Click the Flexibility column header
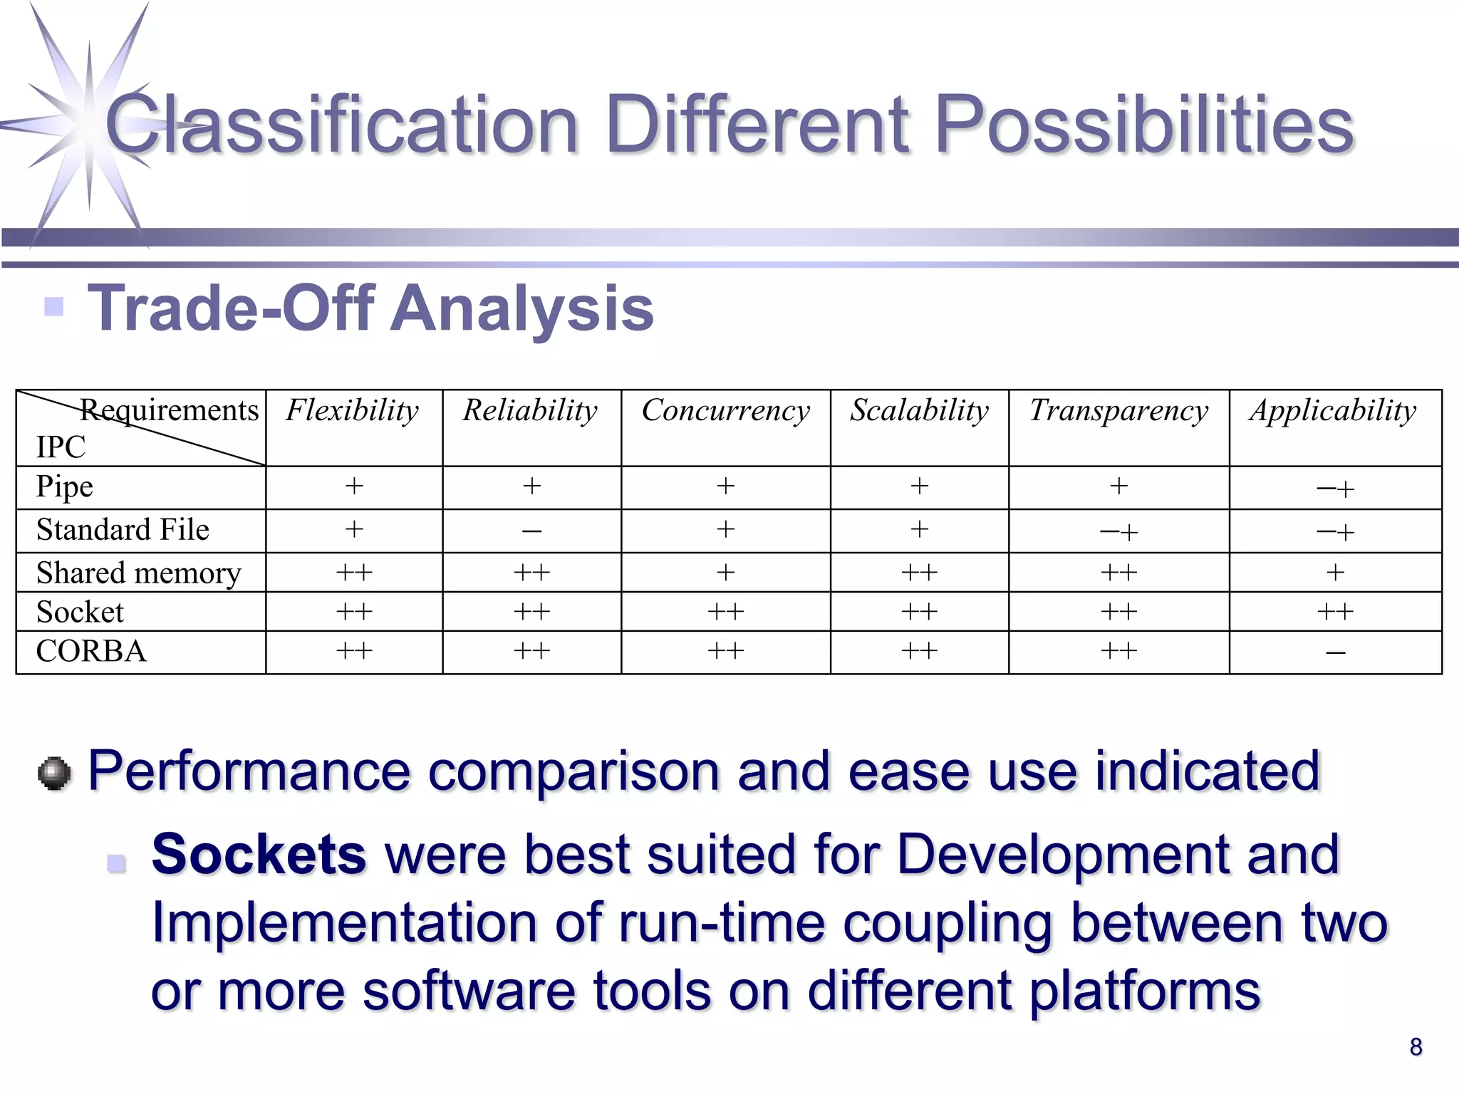tap(353, 411)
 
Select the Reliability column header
tap(530, 411)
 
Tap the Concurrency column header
tap(725, 411)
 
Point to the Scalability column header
tap(919, 411)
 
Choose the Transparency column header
tap(1118, 411)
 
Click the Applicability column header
tap(1334, 411)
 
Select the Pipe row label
tap(65, 487)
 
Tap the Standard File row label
tap(123, 530)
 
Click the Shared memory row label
tap(138, 573)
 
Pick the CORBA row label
tap(91, 651)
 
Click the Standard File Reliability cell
tap(531, 531)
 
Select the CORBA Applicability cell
tap(1335, 652)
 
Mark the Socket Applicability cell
tap(1335, 612)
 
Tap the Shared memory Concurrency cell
tap(725, 573)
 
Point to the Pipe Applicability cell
tap(1335, 489)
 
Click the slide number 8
tap(1416, 1046)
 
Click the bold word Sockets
tap(259, 854)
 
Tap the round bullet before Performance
tap(54, 773)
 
